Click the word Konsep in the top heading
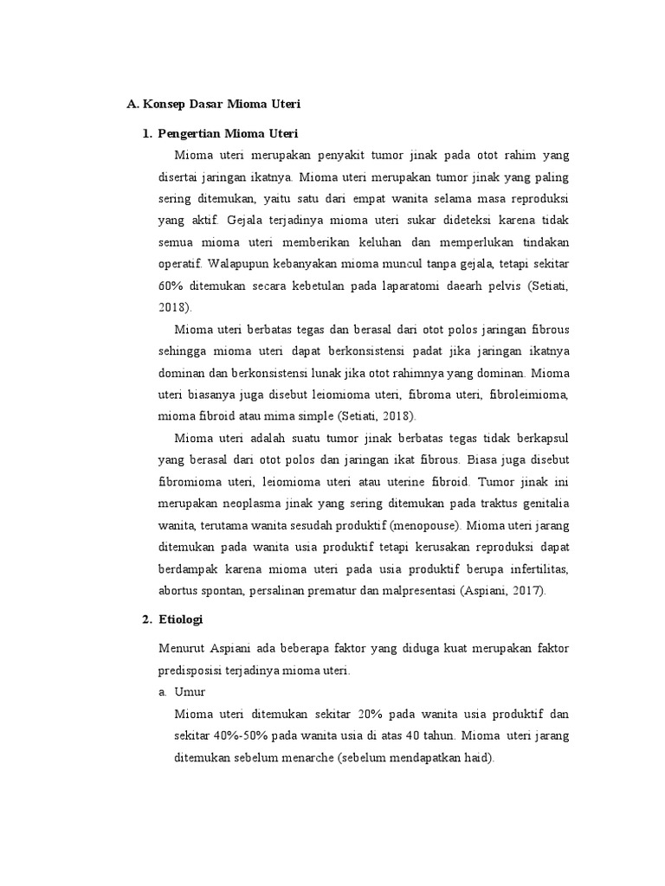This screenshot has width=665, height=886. tap(164, 104)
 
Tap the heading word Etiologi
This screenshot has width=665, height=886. tap(185, 620)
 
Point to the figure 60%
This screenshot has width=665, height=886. tap(172, 286)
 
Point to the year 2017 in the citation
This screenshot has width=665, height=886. tap(532, 592)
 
